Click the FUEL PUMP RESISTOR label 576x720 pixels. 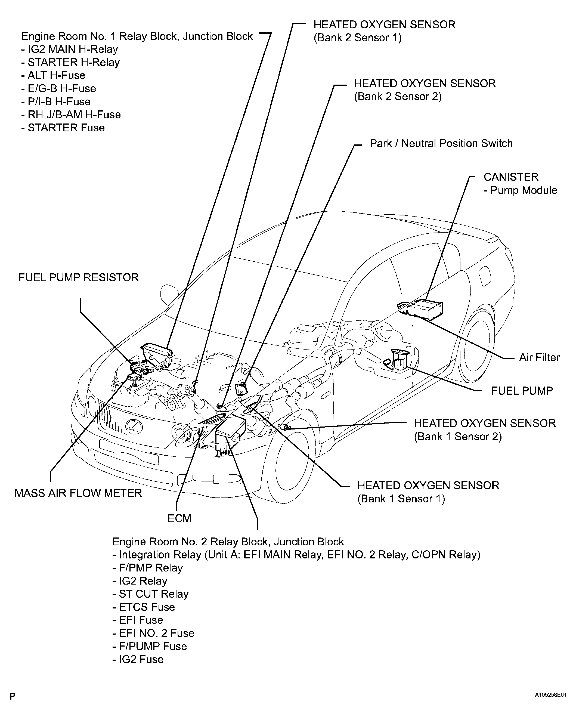click(x=79, y=277)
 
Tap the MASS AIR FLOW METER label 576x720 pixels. click(x=78, y=493)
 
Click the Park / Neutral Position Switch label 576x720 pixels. click(x=441, y=143)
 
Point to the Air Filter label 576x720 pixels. click(x=539, y=357)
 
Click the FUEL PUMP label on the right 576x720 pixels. click(x=522, y=390)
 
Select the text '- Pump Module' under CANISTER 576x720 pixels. click(x=520, y=190)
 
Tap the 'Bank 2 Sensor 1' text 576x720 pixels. click(x=357, y=38)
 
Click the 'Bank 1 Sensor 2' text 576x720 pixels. click(x=457, y=437)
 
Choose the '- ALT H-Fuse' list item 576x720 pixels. click(x=53, y=75)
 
